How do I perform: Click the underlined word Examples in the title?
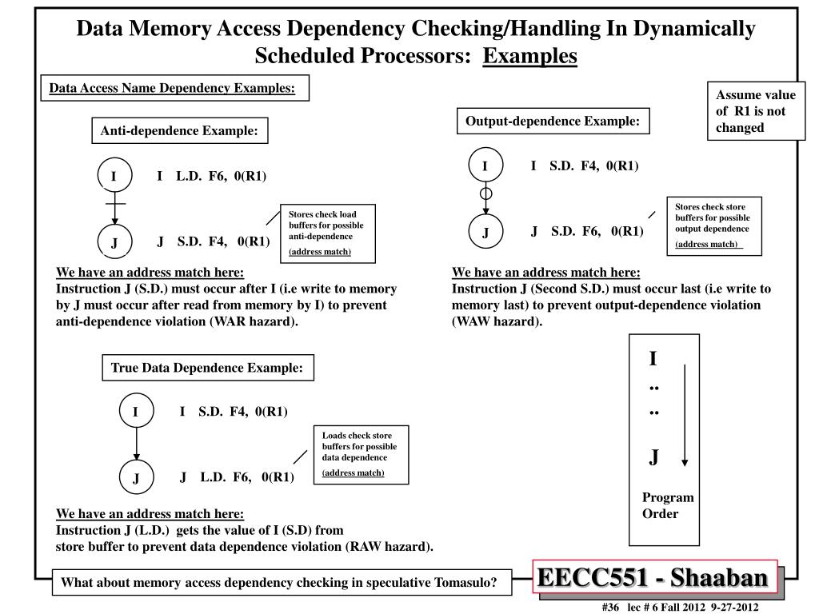529,56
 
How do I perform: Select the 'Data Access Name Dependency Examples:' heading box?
175,88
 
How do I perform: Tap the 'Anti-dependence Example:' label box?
180,130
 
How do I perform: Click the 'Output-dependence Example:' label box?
553,122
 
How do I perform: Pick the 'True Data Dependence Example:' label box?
208,368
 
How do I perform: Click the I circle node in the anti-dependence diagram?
115,175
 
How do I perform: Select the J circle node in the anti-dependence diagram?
115,241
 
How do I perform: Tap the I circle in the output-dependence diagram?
485,165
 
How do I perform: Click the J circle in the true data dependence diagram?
136,476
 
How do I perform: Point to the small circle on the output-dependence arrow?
485,193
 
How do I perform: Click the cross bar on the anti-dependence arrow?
115,204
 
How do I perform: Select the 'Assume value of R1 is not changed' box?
757,110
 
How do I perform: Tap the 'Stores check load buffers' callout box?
328,233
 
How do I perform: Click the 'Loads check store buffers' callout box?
361,455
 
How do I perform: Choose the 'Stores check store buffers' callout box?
714,226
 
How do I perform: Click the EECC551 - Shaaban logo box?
655,577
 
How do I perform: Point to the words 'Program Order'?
668,505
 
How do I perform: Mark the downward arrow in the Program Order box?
685,415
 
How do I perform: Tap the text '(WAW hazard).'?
497,321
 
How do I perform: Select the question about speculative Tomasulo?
282,582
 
